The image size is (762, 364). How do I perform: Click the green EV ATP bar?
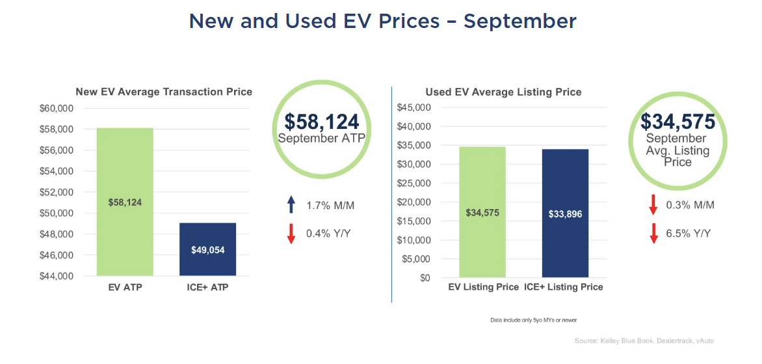click(125, 202)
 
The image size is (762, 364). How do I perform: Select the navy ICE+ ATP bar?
click(207, 249)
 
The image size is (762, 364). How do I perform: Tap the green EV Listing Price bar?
click(482, 212)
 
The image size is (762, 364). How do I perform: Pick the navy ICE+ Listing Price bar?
click(564, 214)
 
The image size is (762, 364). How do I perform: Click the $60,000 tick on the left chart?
click(57, 108)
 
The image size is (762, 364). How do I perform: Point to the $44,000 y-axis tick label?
click(57, 276)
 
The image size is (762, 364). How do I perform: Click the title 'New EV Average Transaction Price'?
click(164, 92)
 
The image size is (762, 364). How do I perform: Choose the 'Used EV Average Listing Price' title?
click(503, 92)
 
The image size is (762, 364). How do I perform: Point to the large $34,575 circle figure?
click(677, 122)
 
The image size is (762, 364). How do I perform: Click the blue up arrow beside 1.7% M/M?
click(291, 205)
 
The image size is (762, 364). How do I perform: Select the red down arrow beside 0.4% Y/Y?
click(291, 232)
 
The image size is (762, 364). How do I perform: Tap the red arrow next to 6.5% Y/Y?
click(653, 232)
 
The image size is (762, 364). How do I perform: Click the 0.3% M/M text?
click(690, 205)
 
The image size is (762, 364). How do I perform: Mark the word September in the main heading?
click(519, 21)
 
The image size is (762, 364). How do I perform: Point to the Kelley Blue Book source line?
click(644, 341)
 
